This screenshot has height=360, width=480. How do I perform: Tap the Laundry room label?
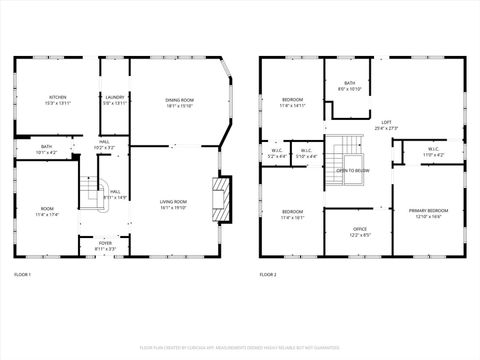click(x=115, y=97)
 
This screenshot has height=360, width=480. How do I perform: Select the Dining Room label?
click(x=179, y=100)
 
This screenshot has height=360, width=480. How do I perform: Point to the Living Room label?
click(x=174, y=202)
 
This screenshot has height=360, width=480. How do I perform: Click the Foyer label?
click(x=105, y=243)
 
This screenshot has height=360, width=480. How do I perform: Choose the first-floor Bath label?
click(x=46, y=147)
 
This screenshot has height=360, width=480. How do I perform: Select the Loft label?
click(x=386, y=124)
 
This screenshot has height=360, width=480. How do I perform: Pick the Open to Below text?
click(x=352, y=170)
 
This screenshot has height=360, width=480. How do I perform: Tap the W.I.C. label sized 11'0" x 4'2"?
click(x=432, y=152)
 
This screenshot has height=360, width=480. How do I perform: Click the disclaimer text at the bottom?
click(x=239, y=347)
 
